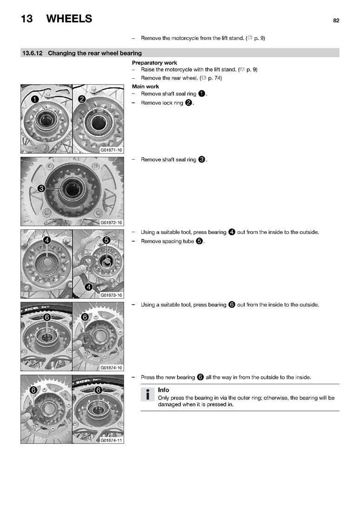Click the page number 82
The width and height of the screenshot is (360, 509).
[336, 20]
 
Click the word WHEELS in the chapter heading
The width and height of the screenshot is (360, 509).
[69, 19]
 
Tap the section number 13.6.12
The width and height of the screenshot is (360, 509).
[32, 53]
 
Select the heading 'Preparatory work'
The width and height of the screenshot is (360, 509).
[154, 63]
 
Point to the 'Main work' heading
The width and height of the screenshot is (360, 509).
[146, 87]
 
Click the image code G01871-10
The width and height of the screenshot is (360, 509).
[111, 150]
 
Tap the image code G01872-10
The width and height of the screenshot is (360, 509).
[111, 223]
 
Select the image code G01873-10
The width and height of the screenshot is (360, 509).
[111, 295]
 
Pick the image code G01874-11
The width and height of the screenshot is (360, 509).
[111, 441]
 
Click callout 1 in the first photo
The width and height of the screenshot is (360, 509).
[35, 99]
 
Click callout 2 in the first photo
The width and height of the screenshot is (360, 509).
[82, 99]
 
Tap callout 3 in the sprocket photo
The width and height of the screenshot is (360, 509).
[41, 188]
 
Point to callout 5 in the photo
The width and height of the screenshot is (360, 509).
[107, 240]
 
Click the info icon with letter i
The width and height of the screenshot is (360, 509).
[148, 395]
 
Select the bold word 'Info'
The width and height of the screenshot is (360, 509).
[164, 390]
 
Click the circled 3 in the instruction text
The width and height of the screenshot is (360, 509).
[201, 160]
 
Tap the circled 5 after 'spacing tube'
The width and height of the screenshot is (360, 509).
[200, 241]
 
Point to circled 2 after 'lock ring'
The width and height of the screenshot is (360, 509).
[188, 102]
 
